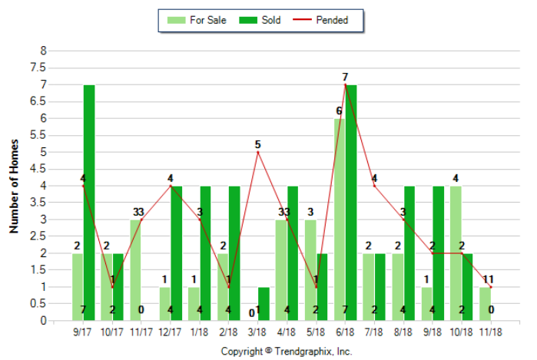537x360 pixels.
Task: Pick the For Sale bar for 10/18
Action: [456, 253]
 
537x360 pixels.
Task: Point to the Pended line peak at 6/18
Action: [345, 85]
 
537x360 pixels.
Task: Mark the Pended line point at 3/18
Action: [257, 152]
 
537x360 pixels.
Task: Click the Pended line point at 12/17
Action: [171, 186]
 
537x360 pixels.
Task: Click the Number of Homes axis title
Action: [14, 187]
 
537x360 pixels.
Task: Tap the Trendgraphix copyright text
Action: [286, 351]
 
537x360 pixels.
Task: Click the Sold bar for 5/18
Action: [322, 287]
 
